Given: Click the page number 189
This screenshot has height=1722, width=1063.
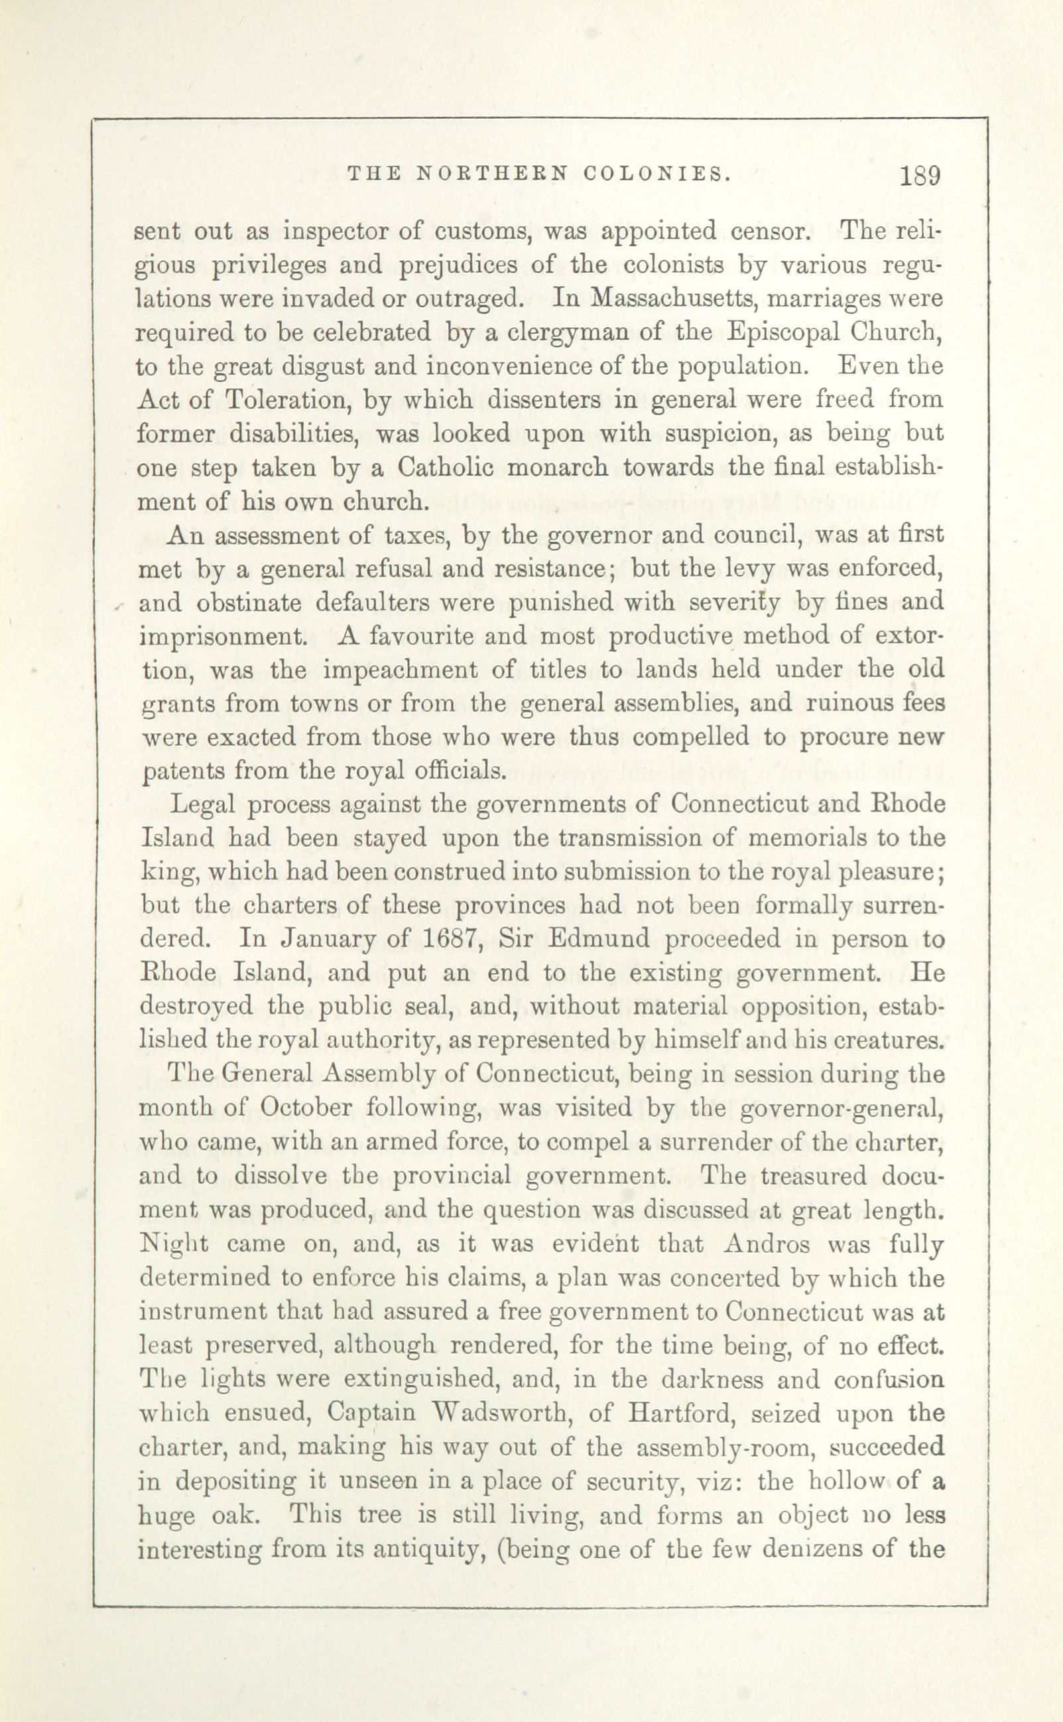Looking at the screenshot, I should (920, 175).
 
